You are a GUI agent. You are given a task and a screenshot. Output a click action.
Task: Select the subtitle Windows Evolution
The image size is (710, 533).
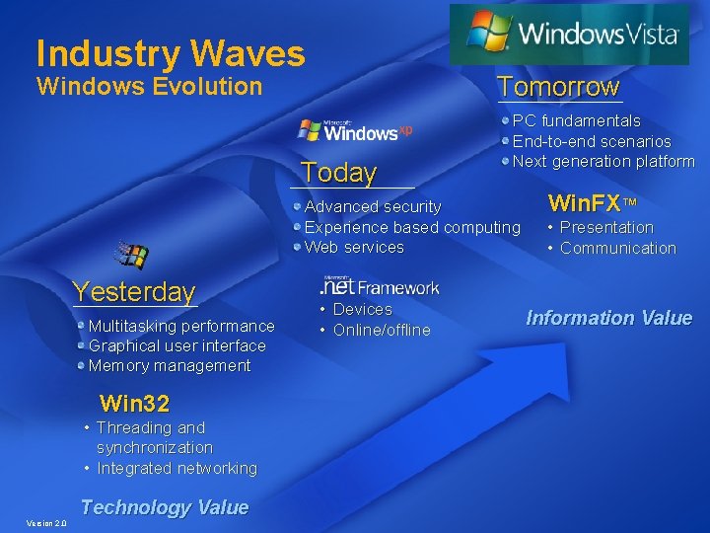(149, 86)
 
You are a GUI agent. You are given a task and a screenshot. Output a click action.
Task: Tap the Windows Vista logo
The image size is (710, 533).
(570, 34)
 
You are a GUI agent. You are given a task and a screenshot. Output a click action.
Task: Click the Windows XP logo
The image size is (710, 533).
(356, 131)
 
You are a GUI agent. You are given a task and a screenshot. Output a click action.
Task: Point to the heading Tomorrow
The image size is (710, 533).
(558, 87)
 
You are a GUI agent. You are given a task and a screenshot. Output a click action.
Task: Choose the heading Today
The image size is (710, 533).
(339, 173)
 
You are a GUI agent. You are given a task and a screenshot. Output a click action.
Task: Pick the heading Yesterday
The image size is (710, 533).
(135, 291)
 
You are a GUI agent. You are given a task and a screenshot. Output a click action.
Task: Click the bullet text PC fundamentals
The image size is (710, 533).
(576, 120)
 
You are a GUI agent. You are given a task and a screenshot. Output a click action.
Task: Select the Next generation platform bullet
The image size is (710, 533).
(603, 161)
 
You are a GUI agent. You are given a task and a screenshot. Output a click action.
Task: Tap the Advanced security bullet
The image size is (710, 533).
(373, 206)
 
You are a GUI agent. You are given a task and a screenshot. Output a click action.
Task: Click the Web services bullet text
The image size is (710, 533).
(354, 247)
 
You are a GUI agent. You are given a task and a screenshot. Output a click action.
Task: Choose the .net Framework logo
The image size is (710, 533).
(379, 286)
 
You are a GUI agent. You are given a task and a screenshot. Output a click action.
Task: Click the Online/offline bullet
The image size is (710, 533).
(381, 330)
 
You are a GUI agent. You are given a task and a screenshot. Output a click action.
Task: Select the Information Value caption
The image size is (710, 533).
(608, 318)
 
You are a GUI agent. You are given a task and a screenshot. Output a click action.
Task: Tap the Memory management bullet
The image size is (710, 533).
(170, 365)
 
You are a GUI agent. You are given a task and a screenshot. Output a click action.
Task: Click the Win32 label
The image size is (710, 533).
(135, 403)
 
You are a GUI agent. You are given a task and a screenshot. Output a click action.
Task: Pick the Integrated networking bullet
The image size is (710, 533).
(177, 468)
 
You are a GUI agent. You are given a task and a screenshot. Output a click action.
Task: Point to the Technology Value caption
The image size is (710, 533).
(165, 507)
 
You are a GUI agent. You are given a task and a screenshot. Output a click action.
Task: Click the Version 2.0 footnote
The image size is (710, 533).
(46, 523)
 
